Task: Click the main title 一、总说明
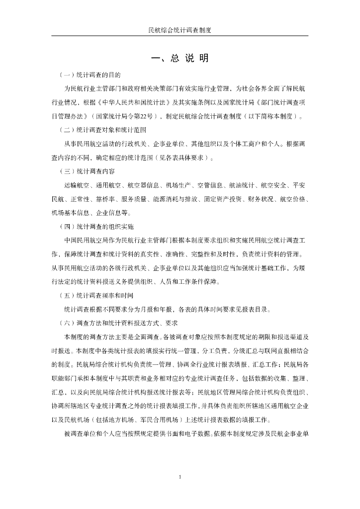[180, 58]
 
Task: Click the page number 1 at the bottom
[180, 477]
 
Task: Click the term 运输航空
[77, 185]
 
